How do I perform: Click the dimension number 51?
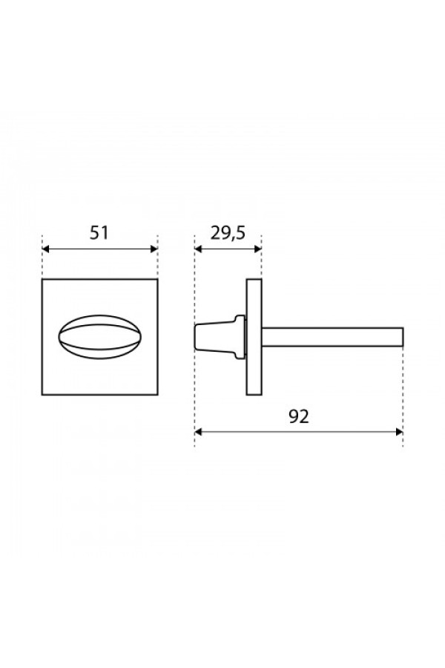click(99, 233)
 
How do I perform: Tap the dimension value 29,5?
click(228, 233)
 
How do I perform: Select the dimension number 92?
click(298, 416)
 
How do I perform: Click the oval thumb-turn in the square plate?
click(99, 336)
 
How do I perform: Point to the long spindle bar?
click(332, 337)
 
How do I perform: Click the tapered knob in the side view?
click(220, 337)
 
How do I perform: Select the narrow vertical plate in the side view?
click(254, 337)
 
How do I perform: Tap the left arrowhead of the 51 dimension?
click(46, 249)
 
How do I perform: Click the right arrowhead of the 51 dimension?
click(154, 249)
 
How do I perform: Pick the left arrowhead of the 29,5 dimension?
click(199, 249)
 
